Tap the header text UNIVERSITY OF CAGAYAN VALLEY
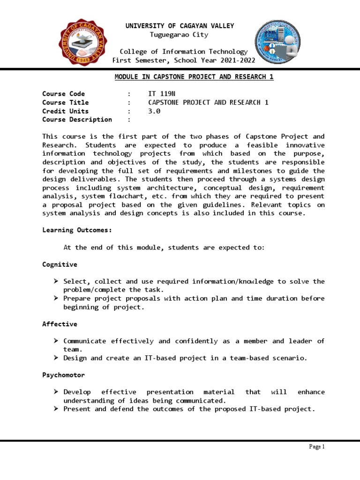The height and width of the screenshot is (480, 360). click(180, 26)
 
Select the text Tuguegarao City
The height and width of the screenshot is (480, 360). click(179, 35)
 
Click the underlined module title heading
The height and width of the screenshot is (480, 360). click(194, 77)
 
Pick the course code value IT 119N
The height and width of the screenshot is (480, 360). click(158, 94)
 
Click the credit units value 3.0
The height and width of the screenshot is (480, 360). click(154, 111)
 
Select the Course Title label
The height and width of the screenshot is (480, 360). click(65, 103)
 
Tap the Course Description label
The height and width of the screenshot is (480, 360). click(77, 120)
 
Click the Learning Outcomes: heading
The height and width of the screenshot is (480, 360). click(77, 230)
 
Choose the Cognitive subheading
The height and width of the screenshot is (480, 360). click(60, 264)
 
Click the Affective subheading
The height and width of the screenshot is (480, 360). click(60, 324)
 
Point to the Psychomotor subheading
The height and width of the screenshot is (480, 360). click(63, 375)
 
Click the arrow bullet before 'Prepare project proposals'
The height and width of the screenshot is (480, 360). click(56, 299)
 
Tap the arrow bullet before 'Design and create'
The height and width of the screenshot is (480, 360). click(56, 358)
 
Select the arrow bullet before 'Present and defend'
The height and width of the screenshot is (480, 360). click(56, 409)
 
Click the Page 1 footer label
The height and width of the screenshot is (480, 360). click(317, 447)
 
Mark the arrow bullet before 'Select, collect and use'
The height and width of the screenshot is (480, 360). click(56, 281)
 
